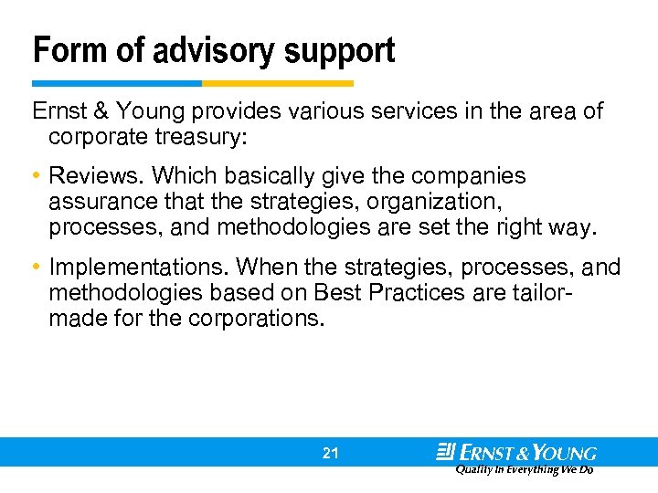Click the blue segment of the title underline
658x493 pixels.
tap(117, 83)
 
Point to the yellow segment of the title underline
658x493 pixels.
tap(278, 83)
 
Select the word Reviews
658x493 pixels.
tap(88, 175)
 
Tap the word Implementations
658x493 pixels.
tap(140, 267)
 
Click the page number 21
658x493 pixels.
tap(330, 453)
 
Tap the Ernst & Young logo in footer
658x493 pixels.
tap(516, 452)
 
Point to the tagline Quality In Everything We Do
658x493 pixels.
tap(525, 469)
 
